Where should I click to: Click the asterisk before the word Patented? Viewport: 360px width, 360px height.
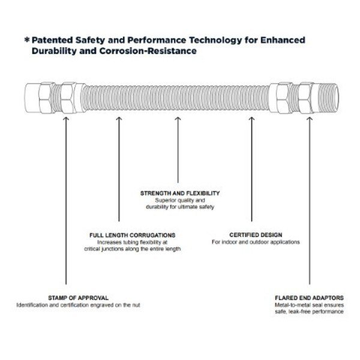(26, 40)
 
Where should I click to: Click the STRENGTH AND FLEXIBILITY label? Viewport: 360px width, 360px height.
(180, 193)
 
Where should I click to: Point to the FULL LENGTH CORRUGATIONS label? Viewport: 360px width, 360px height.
(132, 235)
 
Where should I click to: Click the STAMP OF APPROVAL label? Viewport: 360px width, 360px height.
(79, 298)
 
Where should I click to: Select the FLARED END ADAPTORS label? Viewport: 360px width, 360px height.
(309, 298)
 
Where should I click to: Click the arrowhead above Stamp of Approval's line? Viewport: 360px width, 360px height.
(66, 120)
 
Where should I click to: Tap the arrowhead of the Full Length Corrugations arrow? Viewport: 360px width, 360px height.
(119, 120)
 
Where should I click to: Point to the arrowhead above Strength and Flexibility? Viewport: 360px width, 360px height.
(177, 120)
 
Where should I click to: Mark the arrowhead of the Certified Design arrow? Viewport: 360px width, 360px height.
(251, 120)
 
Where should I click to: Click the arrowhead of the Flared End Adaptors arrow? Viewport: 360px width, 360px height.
(310, 120)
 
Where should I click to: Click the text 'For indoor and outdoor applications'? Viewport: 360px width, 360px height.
(256, 242)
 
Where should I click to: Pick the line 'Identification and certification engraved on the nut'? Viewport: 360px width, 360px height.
(79, 305)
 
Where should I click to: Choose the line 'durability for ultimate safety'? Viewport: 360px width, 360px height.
(180, 207)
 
